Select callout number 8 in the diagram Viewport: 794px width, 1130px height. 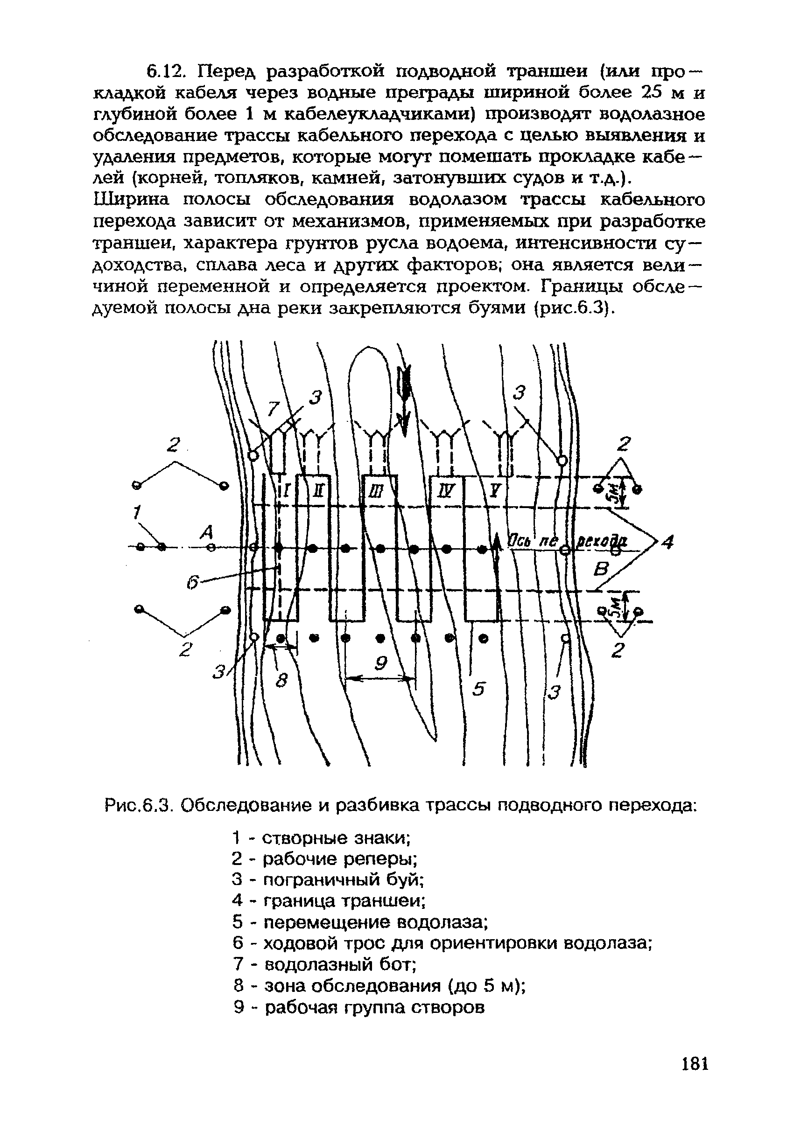tap(281, 682)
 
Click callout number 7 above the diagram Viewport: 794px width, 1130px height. tap(273, 408)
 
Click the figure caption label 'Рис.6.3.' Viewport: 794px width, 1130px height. tap(138, 806)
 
